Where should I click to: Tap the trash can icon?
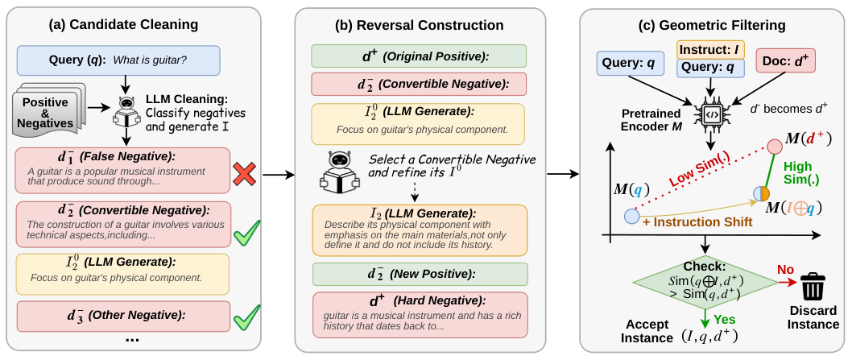point(813,285)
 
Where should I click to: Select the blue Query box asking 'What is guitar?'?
point(118,60)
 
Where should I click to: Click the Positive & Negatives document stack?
point(48,109)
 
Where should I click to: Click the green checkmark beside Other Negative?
point(246,317)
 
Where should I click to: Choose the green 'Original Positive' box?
point(419,56)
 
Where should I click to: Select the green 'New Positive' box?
point(419,274)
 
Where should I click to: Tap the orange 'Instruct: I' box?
point(709,49)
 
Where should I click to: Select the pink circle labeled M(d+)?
point(775,147)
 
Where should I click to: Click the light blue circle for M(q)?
point(631,217)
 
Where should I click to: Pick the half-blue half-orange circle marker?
point(761,193)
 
